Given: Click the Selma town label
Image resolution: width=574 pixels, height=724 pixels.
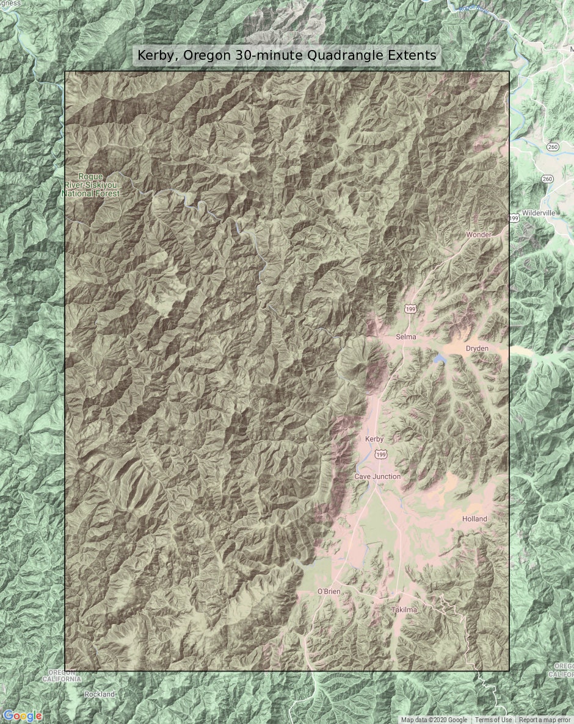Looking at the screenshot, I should tap(405, 337).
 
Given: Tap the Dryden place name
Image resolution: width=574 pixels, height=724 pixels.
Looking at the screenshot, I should tap(477, 348).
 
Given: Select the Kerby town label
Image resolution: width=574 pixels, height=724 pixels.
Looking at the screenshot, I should tap(375, 439).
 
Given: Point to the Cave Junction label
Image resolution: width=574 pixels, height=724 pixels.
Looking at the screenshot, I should tap(377, 476).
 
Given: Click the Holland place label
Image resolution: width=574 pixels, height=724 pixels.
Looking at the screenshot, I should tap(474, 519).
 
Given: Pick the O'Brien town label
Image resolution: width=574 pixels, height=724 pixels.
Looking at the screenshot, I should tap(329, 592).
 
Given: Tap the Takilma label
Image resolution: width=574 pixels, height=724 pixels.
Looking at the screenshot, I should tap(404, 609).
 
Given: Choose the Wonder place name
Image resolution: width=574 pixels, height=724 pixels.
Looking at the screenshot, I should tap(478, 235).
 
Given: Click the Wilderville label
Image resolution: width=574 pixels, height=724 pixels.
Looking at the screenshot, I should tap(539, 213).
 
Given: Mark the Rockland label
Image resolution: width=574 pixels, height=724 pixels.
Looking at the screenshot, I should tap(100, 694).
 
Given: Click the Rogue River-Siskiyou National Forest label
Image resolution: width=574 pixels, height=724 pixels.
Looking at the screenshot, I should tap(90, 185).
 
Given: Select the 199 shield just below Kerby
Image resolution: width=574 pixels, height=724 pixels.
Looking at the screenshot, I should tap(381, 454).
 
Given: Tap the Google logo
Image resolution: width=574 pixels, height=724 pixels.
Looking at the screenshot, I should tap(22, 716).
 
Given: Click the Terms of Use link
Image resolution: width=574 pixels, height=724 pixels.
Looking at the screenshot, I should tap(493, 720).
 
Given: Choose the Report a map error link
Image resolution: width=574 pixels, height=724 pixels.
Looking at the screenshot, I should tap(545, 720).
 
